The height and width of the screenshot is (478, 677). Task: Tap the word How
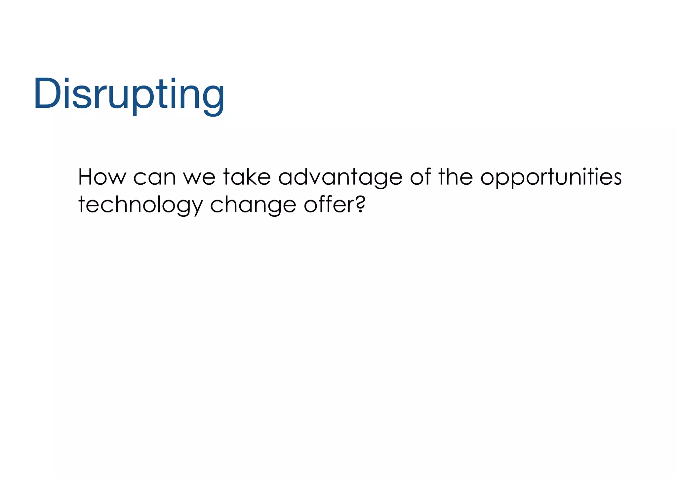point(102,177)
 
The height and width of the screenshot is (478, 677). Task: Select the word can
point(154,177)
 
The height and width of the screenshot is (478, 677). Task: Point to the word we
point(199,177)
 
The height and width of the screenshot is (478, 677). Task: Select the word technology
point(140,206)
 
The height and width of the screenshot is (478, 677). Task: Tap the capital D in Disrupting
point(48,93)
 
